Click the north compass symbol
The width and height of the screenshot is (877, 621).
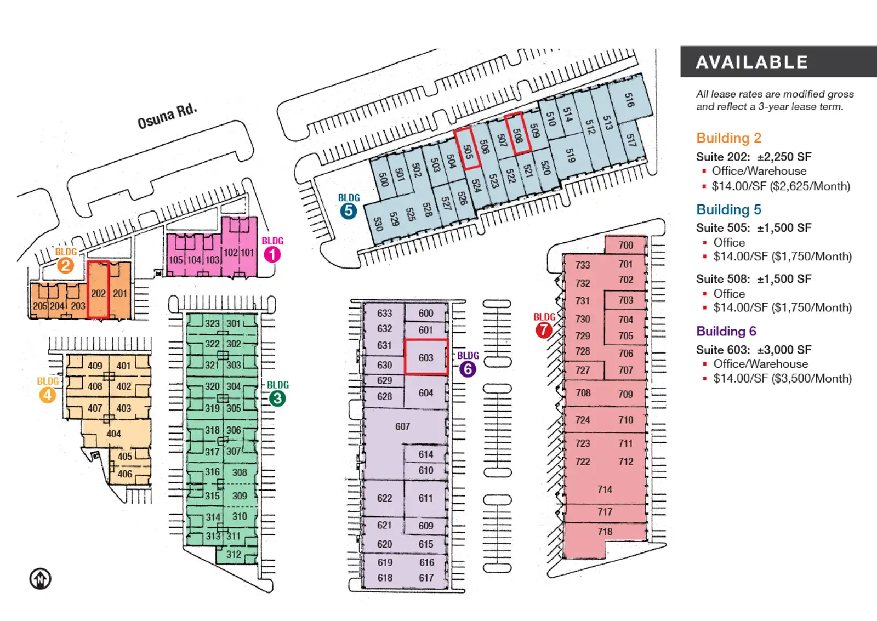click(x=40, y=579)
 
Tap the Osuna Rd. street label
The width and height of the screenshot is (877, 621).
click(x=167, y=115)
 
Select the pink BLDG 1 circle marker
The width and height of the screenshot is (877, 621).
click(x=272, y=254)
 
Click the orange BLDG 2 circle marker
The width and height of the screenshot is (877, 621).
click(x=65, y=265)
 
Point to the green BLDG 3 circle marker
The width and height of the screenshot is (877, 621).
click(x=277, y=398)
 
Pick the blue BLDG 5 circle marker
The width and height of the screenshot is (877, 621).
click(x=348, y=211)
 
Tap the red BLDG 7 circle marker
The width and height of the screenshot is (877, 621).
click(x=543, y=330)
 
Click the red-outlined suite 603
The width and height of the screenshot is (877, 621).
click(x=426, y=357)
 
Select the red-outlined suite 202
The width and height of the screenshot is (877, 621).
click(x=98, y=290)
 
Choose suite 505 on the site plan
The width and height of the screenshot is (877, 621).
click(x=468, y=148)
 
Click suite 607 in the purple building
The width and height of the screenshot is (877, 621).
click(x=402, y=426)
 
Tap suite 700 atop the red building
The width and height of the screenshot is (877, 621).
click(x=625, y=245)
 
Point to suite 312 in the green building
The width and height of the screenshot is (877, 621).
click(x=234, y=554)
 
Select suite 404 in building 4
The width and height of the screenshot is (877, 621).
click(x=113, y=434)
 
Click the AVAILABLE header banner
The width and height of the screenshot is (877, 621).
click(x=778, y=62)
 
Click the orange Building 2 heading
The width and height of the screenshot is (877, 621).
click(x=728, y=138)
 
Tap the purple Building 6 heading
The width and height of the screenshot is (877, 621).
click(x=726, y=331)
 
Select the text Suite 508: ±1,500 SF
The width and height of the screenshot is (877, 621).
click(x=753, y=279)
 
